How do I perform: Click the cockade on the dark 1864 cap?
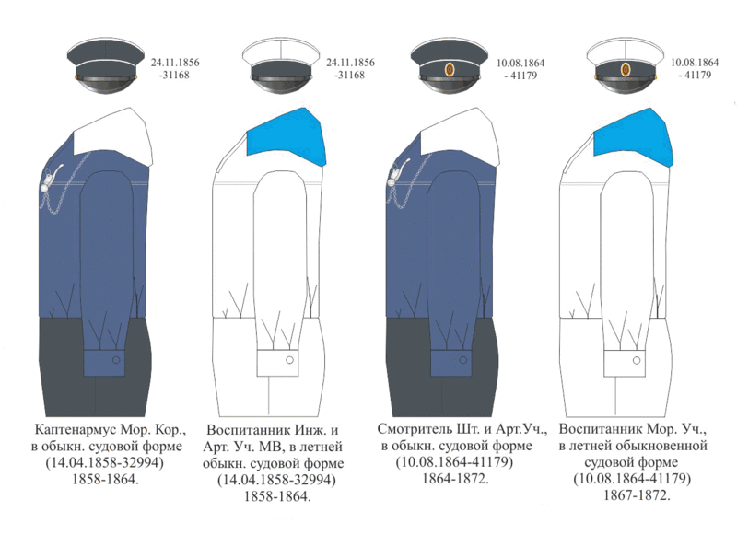click(450, 70)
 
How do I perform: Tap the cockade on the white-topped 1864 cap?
click(626, 69)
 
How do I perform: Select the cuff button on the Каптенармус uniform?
click(116, 360)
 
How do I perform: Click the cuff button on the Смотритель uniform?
click(463, 360)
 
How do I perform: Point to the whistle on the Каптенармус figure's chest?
click(52, 177)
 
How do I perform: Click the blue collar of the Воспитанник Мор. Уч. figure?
click(633, 136)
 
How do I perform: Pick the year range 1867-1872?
click(637, 495)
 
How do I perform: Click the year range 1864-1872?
click(455, 479)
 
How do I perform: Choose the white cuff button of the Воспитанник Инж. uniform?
click(289, 360)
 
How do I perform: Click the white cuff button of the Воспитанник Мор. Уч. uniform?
click(637, 361)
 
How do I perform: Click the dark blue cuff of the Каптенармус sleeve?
click(104, 363)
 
